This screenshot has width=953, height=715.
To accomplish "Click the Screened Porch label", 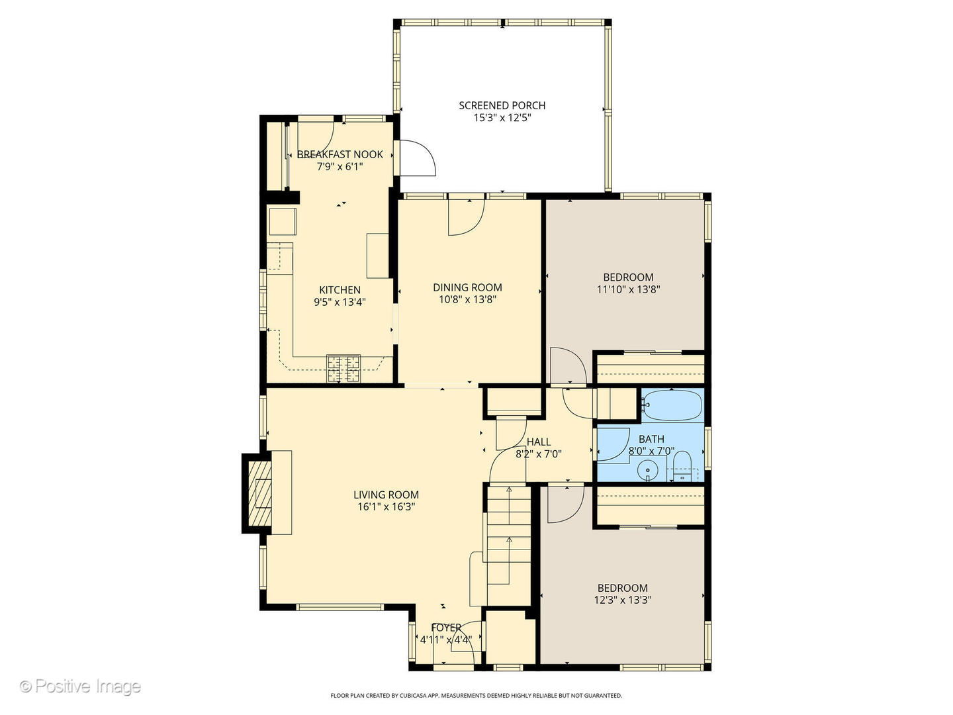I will (x=502, y=105).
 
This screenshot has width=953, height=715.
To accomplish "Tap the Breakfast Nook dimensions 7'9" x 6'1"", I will (x=340, y=167).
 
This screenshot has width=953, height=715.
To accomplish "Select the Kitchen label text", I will (x=340, y=290).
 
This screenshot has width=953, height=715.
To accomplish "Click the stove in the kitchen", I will (x=343, y=369).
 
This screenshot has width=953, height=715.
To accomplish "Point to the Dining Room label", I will (x=467, y=287).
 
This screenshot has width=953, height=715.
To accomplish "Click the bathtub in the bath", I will (x=672, y=405).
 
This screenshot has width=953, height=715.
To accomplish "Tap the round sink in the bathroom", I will (x=647, y=471).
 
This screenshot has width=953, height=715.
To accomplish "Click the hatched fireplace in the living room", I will (x=259, y=493).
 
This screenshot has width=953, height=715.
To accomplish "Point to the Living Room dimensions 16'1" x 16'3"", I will (x=386, y=507).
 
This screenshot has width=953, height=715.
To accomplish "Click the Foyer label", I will (x=445, y=628).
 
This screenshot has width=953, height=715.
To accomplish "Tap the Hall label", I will (x=539, y=442).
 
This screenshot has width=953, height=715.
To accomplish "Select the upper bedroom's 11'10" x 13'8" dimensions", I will (x=628, y=289).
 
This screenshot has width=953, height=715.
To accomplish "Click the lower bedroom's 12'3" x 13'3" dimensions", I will (x=623, y=600).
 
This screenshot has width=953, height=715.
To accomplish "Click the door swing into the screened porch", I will (x=417, y=159).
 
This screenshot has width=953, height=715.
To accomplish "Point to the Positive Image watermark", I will (x=80, y=686).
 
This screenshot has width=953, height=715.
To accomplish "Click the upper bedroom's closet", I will (x=649, y=369).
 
